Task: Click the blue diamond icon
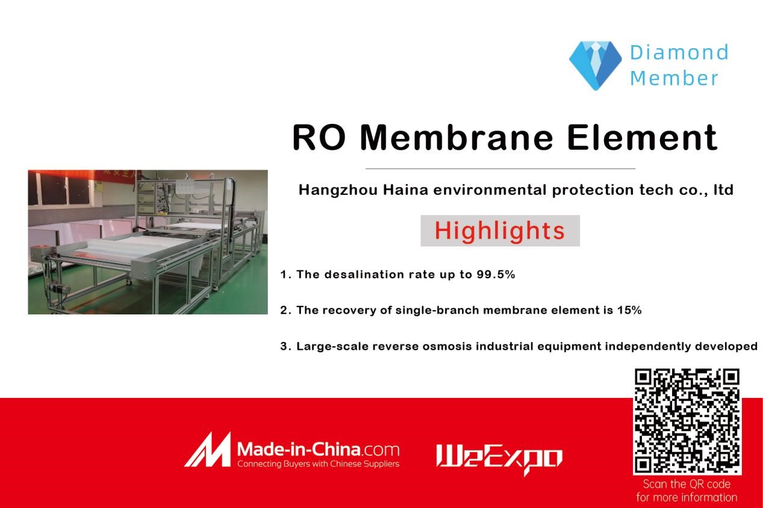coord(595,66)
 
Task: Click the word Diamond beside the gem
coord(679,52)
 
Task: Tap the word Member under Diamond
coord(674,78)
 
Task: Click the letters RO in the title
coord(319,138)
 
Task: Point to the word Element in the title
coord(643,138)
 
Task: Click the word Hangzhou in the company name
coord(338,190)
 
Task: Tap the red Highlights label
coord(500,231)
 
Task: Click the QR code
coord(687,422)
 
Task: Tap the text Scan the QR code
coord(687,484)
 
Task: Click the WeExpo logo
coord(499,458)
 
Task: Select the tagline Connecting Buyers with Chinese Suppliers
coord(318,464)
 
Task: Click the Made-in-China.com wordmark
coord(318,450)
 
